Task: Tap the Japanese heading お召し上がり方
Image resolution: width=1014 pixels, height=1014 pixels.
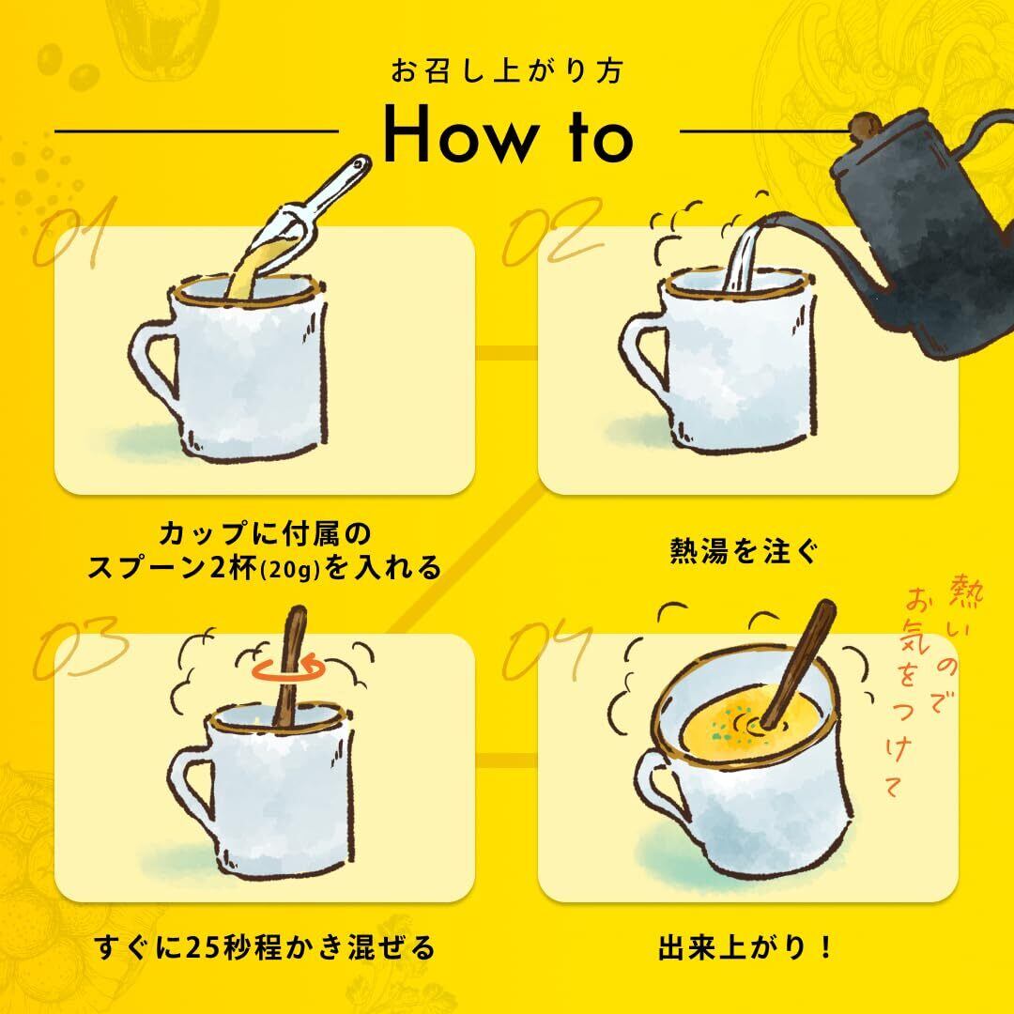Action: click(x=506, y=70)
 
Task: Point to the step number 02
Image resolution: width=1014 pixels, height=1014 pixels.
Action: click(x=554, y=232)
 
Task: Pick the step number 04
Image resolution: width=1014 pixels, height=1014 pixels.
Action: click(x=547, y=649)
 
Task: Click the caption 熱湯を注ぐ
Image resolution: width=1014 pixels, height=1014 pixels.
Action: click(x=745, y=552)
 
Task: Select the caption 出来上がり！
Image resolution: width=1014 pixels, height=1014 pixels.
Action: click(x=745, y=948)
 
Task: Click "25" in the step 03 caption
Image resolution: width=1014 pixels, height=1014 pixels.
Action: click(x=203, y=948)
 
